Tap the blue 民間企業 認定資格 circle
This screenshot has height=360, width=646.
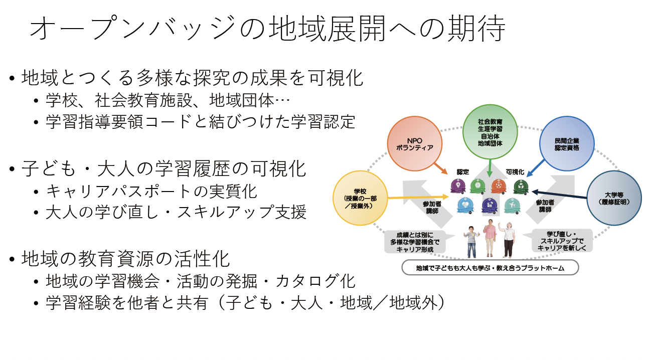pos(567,144)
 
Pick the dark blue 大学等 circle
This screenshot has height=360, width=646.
pos(614,198)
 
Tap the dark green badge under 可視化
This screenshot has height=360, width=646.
pos(521,187)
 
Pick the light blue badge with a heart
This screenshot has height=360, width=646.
pos(465,205)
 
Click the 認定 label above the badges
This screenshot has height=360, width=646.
pos(462,171)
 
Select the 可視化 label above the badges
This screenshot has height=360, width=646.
pos(515,171)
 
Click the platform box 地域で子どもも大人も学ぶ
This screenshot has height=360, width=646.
pos(490,268)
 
